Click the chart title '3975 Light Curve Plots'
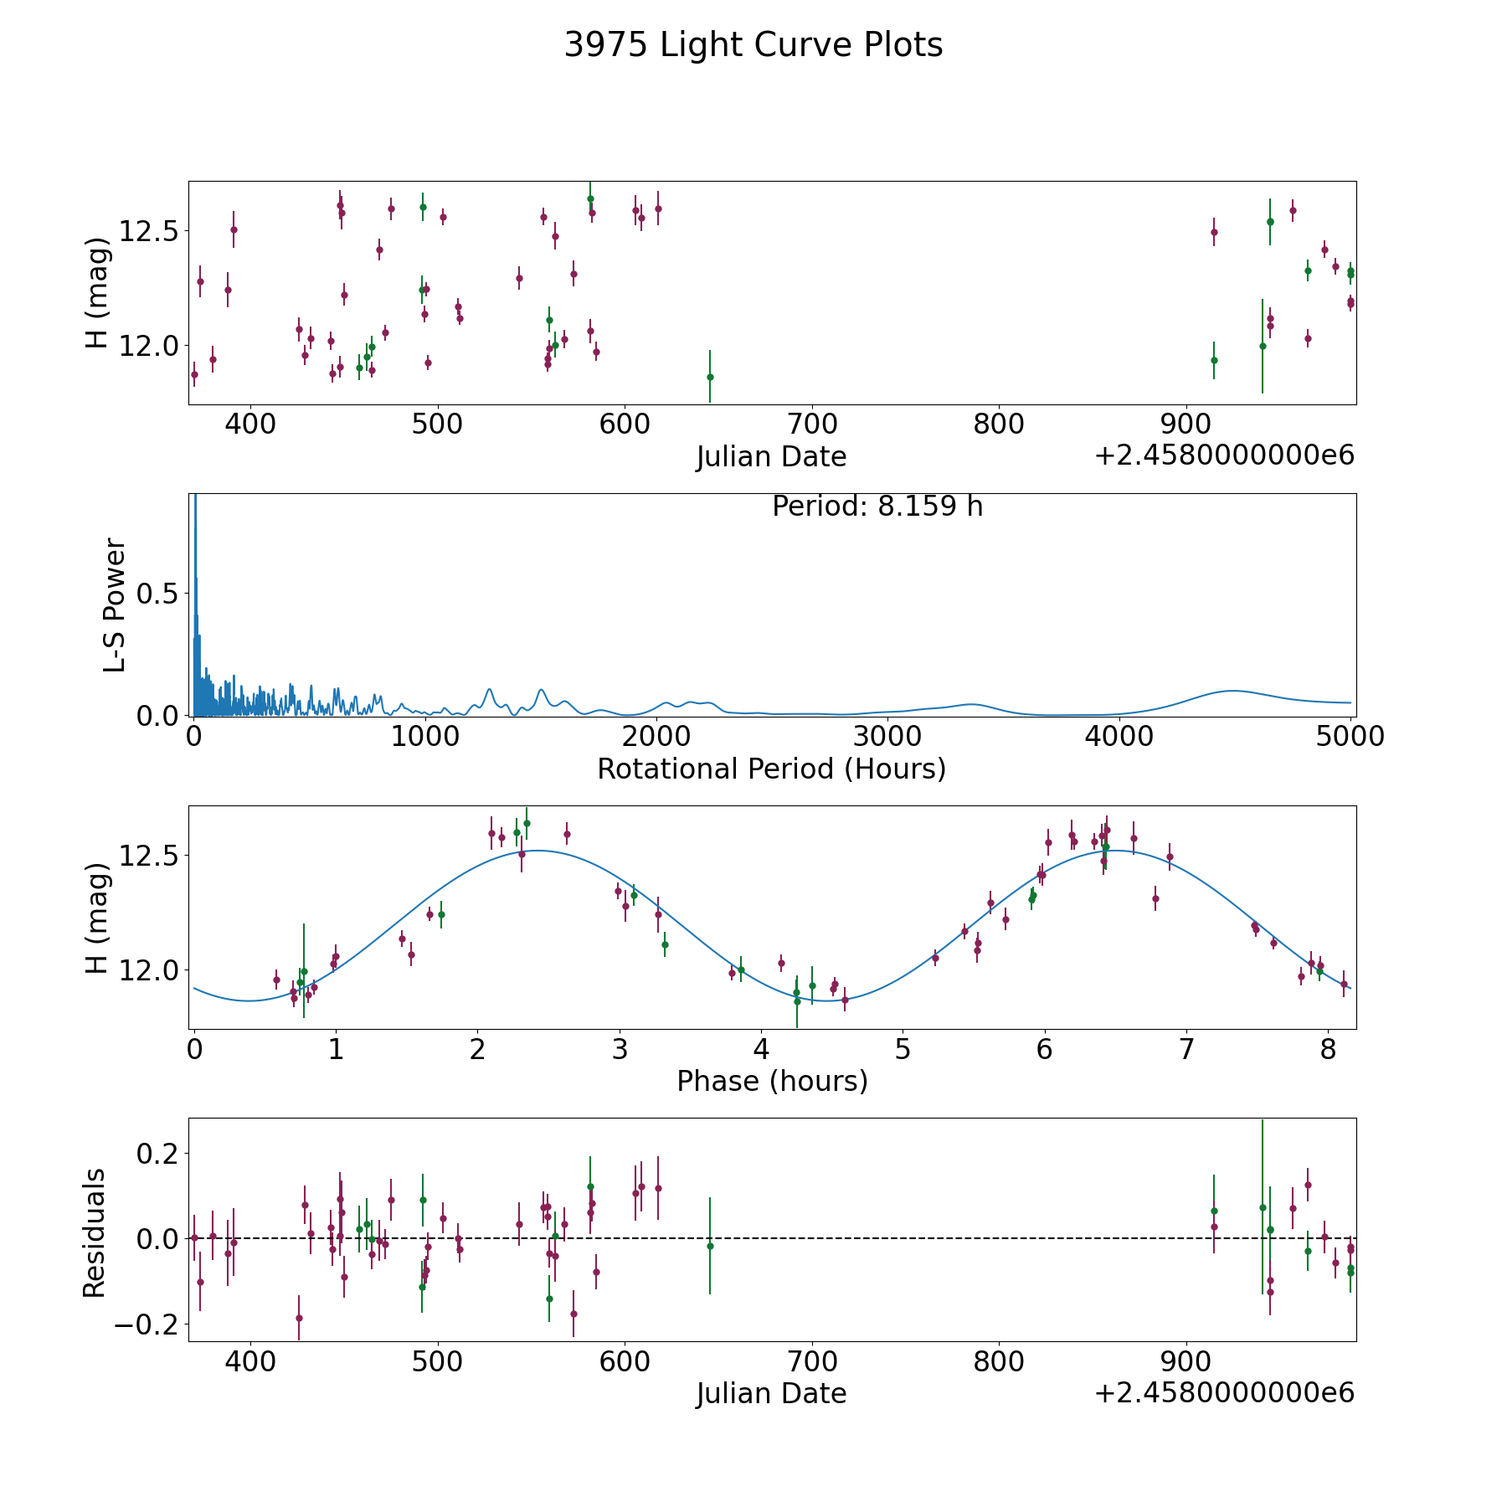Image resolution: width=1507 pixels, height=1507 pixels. pos(753,45)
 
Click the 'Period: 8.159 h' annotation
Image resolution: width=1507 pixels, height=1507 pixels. pos(877,507)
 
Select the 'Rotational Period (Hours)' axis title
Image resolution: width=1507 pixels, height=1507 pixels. pos(771,769)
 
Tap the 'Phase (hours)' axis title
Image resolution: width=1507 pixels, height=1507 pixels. pos(772,1081)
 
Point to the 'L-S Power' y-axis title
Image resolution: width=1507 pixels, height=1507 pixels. pos(115,604)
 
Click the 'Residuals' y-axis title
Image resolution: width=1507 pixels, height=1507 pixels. pos(95,1232)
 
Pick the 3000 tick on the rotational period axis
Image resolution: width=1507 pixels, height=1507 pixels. pos(887,737)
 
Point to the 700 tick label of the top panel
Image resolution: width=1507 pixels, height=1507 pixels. pos(812,424)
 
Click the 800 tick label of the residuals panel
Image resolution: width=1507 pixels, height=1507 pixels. pos(1000,1362)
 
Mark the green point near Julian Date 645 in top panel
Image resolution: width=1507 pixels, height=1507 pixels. pos(710,377)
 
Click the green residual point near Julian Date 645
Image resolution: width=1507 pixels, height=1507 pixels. pos(710,1246)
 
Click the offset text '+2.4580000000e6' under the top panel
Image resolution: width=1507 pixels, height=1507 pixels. pos(1224,456)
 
